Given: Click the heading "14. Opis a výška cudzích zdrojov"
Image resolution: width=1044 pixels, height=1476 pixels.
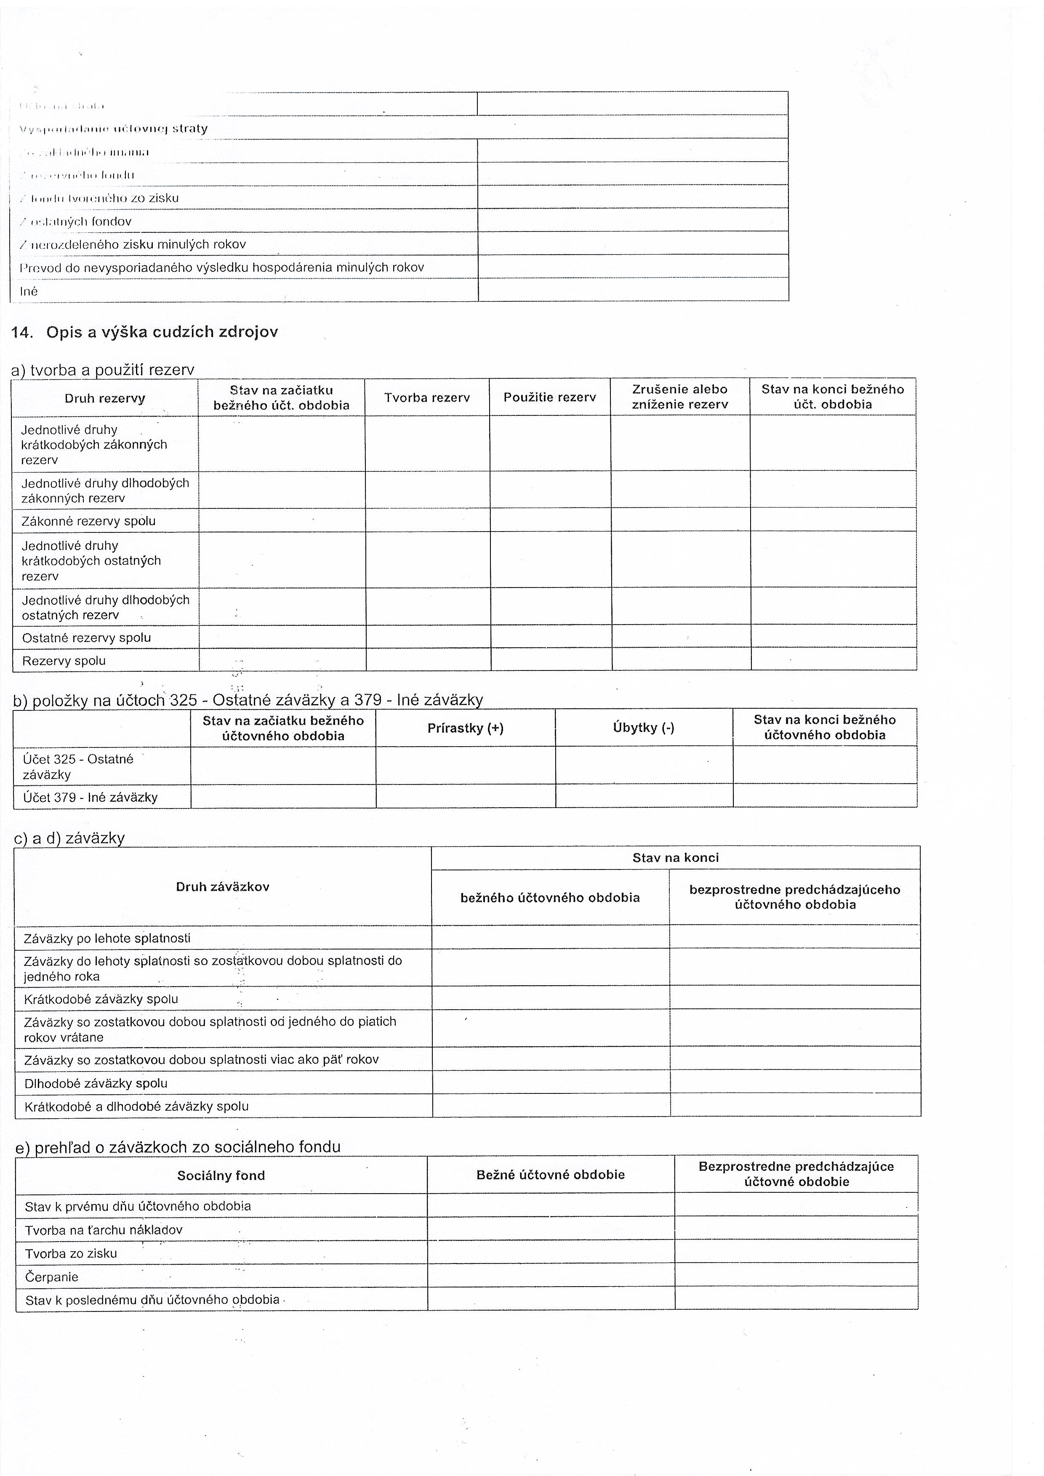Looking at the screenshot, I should pyautogui.click(x=145, y=332).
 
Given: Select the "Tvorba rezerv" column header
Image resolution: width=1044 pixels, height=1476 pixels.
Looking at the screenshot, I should pyautogui.click(x=427, y=398).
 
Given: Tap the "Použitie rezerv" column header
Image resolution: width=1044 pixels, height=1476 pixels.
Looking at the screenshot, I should pyautogui.click(x=550, y=397).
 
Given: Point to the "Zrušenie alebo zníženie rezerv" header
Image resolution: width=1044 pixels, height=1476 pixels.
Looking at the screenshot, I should pyautogui.click(x=679, y=396).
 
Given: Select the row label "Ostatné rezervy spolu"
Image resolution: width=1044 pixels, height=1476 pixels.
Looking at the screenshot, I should pyautogui.click(x=86, y=638).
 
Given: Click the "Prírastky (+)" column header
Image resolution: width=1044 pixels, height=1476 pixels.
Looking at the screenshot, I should pyautogui.click(x=466, y=728).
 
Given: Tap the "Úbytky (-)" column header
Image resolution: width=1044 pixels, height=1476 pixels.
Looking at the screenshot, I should pyautogui.click(x=644, y=727).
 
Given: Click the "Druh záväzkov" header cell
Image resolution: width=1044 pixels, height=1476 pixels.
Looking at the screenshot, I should pyautogui.click(x=222, y=886).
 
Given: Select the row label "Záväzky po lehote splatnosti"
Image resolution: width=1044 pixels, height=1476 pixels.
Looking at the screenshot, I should pyautogui.click(x=107, y=938).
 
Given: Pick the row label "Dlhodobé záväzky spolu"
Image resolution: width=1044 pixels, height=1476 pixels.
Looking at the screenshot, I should pyautogui.click(x=96, y=1083).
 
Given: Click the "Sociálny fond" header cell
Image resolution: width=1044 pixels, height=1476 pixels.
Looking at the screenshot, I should pyautogui.click(x=221, y=1175).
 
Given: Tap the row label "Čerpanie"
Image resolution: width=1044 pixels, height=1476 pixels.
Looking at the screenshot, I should pyautogui.click(x=51, y=1277).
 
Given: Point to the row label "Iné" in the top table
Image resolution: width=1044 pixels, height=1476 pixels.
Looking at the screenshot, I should pyautogui.click(x=29, y=291).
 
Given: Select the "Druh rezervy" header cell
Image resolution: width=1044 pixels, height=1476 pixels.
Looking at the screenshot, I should pyautogui.click(x=105, y=398).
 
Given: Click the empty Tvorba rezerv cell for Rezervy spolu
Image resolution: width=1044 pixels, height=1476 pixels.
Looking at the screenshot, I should pyautogui.click(x=428, y=660).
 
